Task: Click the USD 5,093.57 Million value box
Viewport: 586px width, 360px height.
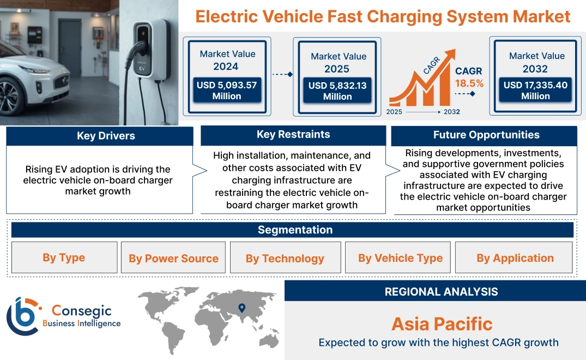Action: [x=226, y=91]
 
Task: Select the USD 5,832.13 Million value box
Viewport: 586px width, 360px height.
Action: [x=337, y=91]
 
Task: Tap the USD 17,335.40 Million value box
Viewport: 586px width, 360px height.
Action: [x=535, y=91]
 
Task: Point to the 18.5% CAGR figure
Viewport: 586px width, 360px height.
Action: [x=469, y=83]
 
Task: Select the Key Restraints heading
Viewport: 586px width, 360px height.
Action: [x=293, y=135]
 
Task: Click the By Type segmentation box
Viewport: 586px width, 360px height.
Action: [x=64, y=257]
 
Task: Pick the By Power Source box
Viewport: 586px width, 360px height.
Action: [x=173, y=258]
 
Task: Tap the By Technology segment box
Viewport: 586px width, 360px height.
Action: [x=285, y=258]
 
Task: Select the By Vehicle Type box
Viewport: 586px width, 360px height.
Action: [x=400, y=258]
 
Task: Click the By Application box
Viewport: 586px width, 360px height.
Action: [x=515, y=258]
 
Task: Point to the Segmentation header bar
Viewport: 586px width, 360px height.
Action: [x=295, y=230]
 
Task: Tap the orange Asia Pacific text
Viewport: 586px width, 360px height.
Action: [x=442, y=324]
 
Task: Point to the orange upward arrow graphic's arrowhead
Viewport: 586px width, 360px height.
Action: [x=450, y=54]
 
